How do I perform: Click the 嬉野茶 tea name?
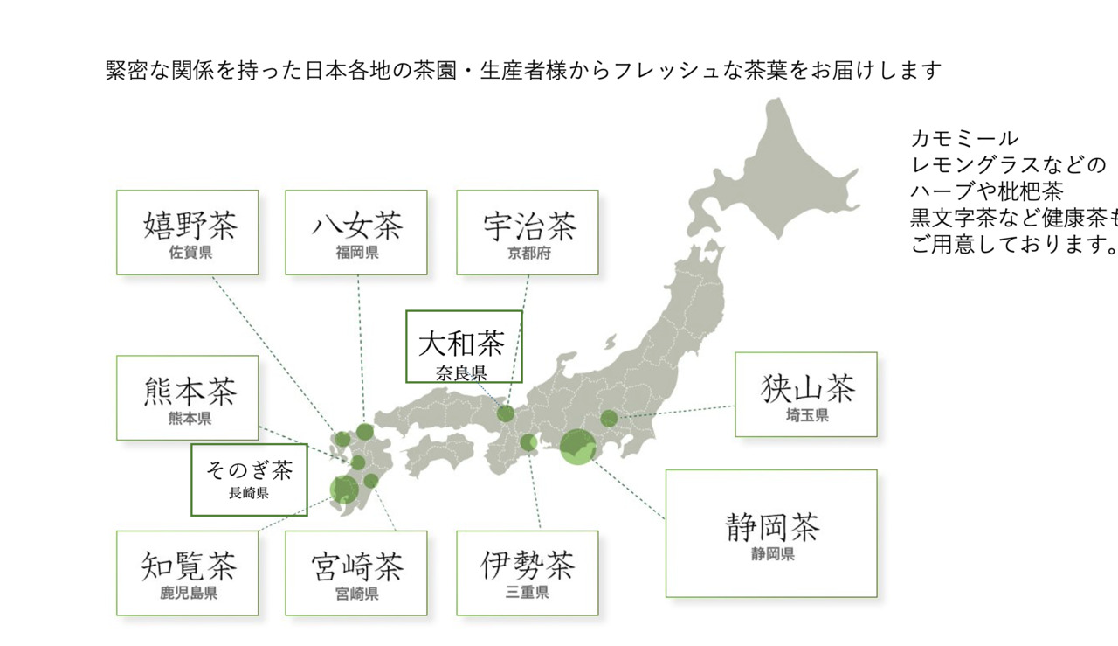190,226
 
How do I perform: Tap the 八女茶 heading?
357,226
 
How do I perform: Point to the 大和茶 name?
462,342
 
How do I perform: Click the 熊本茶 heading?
190,391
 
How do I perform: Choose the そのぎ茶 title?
249,470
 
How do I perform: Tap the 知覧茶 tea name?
190,566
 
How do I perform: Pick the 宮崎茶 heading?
357,566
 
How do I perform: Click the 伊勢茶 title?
528,566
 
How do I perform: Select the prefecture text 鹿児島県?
189,594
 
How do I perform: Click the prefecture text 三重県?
528,594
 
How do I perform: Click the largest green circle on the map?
576,447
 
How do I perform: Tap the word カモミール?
964,138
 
